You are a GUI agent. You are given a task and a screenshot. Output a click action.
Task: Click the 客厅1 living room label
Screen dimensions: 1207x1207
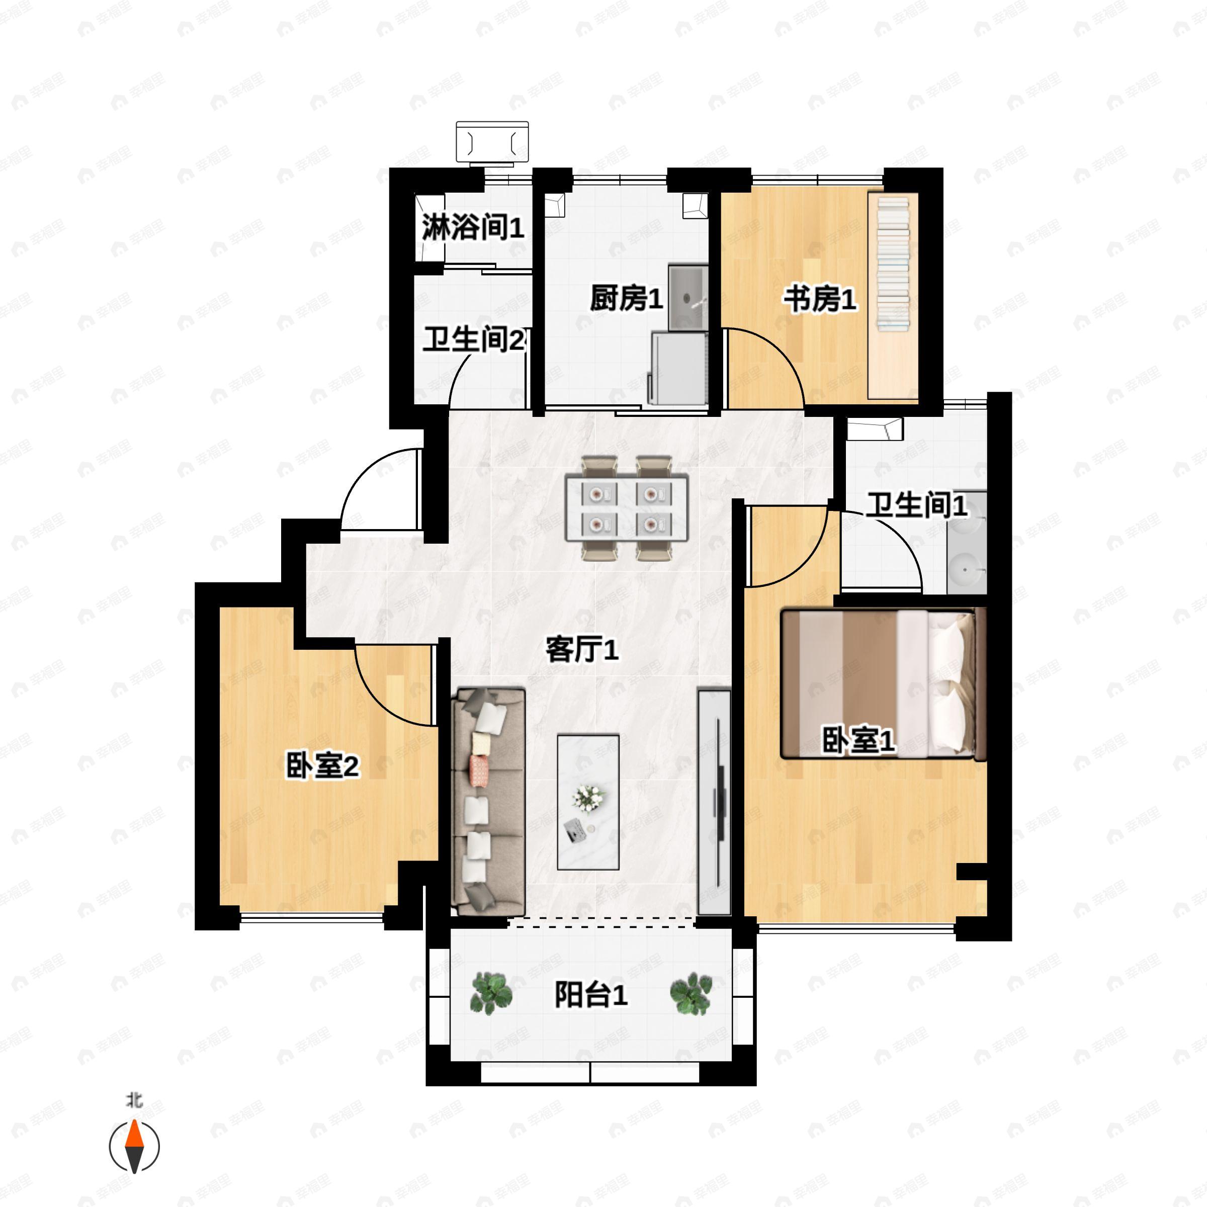coord(582,650)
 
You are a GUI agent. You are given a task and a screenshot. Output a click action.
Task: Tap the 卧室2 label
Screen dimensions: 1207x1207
coord(322,765)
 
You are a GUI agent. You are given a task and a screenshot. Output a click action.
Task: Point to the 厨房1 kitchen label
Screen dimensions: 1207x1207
coord(626,298)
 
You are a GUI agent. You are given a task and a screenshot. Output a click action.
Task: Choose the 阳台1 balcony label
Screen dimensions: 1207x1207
coord(590,995)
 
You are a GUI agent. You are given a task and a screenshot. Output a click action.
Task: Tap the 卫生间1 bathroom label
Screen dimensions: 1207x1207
coord(916,505)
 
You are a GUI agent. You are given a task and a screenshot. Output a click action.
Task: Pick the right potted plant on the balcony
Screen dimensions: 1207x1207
coord(691,993)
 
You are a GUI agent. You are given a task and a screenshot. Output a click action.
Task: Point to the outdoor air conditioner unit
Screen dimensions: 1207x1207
coord(492,143)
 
